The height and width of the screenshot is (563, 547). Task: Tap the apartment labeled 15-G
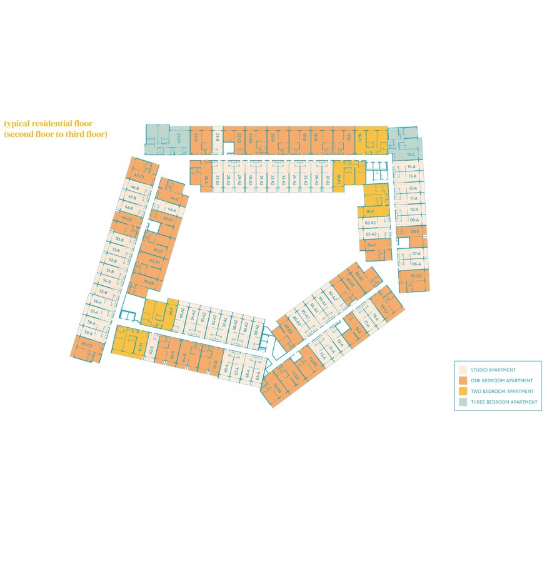click(x=411, y=154)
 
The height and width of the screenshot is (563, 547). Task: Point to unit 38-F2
click(x=339, y=178)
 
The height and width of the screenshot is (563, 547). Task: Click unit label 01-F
click(x=370, y=212)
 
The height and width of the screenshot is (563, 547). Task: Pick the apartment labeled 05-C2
click(x=416, y=276)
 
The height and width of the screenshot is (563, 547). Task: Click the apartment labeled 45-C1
click(x=138, y=177)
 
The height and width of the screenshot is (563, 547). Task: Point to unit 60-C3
click(x=86, y=345)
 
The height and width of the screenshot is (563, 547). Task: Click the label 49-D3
click(x=126, y=219)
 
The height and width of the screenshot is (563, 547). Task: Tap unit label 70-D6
click(x=277, y=388)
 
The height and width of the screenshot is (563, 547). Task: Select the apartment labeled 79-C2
click(x=384, y=308)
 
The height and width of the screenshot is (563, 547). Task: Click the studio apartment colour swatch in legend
click(x=463, y=370)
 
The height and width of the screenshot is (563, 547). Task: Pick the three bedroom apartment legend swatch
click(x=463, y=402)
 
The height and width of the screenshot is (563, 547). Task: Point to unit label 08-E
click(x=414, y=231)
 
